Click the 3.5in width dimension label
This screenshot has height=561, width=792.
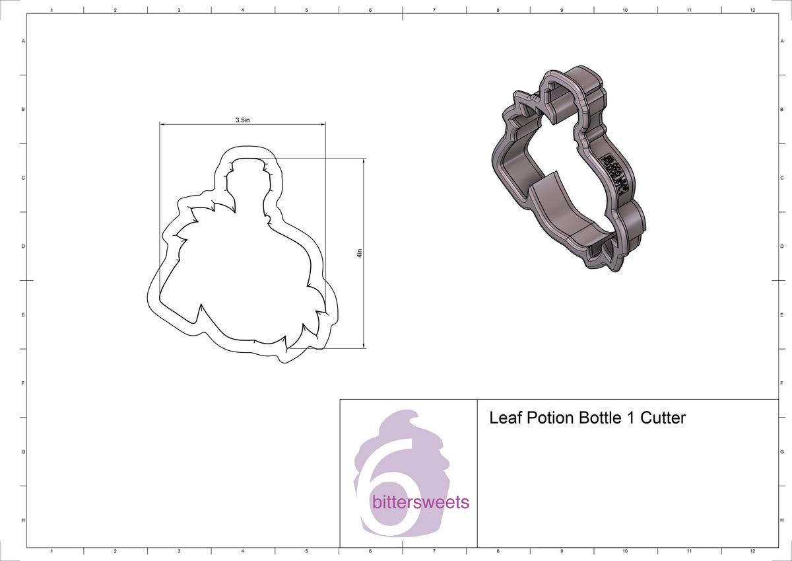(242, 120)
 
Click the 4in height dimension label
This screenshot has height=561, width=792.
(360, 253)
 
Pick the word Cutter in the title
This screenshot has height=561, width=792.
(663, 418)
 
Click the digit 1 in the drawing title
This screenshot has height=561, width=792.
(628, 418)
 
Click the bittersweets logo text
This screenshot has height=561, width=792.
(420, 502)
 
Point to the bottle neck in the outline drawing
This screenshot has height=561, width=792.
(249, 185)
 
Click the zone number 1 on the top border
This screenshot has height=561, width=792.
(51, 10)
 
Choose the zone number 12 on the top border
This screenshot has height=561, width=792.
(752, 10)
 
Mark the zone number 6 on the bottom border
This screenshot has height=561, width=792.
(370, 551)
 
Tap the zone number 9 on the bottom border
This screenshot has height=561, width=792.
(561, 551)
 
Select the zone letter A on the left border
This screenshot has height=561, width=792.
(24, 41)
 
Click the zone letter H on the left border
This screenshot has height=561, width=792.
(24, 521)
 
